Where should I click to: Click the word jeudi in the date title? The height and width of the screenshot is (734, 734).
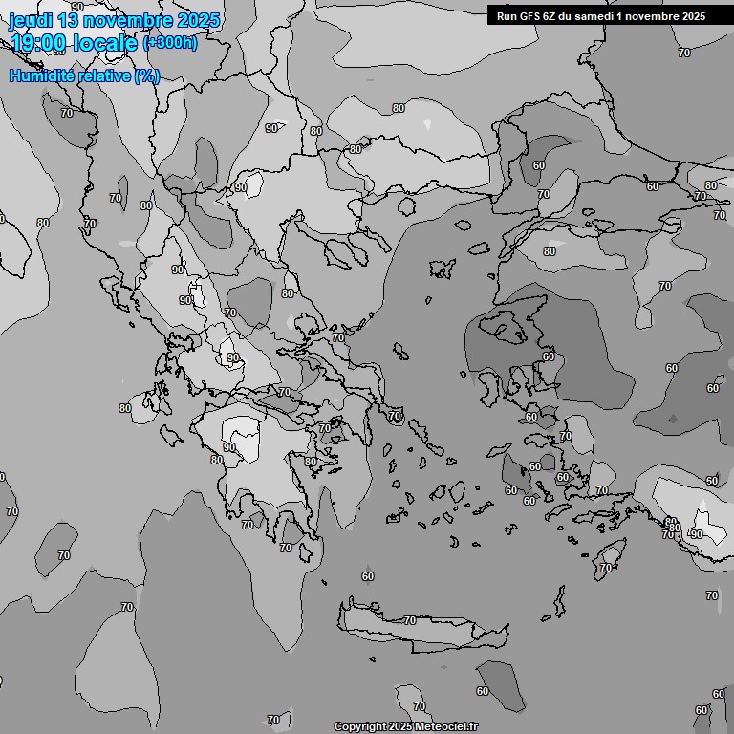point(30,20)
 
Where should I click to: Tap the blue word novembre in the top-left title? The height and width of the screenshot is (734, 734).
point(131,20)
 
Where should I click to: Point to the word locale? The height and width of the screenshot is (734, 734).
point(106,42)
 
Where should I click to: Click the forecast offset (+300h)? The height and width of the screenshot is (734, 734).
point(170,43)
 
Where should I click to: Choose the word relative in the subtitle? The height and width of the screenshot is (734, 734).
point(101,76)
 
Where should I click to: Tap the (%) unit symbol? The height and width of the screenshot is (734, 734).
point(147,76)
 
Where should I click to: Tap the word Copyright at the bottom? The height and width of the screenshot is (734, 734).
point(360,727)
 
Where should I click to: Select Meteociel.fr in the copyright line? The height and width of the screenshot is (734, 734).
point(446,727)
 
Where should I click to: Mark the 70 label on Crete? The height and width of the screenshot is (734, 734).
point(409,621)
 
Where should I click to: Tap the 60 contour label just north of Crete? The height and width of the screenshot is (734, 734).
point(368,576)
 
